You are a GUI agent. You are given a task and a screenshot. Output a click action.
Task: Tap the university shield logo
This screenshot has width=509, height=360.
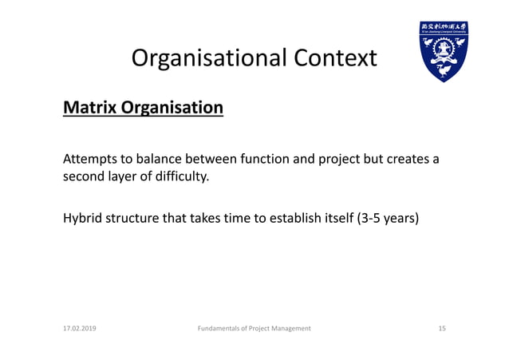click(444, 52)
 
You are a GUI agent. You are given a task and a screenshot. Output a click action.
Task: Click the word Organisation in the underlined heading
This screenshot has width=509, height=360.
click(172, 106)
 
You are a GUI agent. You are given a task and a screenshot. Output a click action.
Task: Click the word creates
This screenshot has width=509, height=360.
click(407, 159)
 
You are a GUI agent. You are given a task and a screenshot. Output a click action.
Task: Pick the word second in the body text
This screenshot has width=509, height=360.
click(84, 176)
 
